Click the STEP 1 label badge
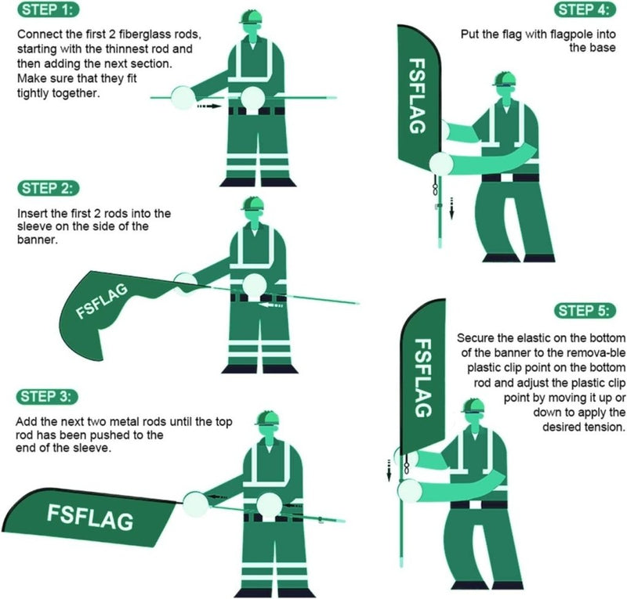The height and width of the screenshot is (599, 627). tap(49, 11)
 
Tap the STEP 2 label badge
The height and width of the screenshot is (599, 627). tap(49, 188)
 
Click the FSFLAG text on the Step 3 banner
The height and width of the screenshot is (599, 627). tap(89, 518)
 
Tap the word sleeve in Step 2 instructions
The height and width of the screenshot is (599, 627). tap(36, 227)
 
